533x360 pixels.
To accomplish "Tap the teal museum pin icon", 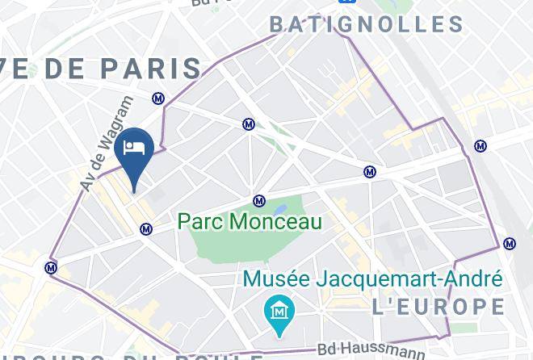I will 279,312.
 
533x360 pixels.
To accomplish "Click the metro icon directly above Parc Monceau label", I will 259,201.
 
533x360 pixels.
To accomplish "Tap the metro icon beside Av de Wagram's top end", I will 158,98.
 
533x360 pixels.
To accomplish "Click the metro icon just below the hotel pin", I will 146,229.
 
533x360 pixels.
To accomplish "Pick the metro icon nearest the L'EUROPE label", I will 509,244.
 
